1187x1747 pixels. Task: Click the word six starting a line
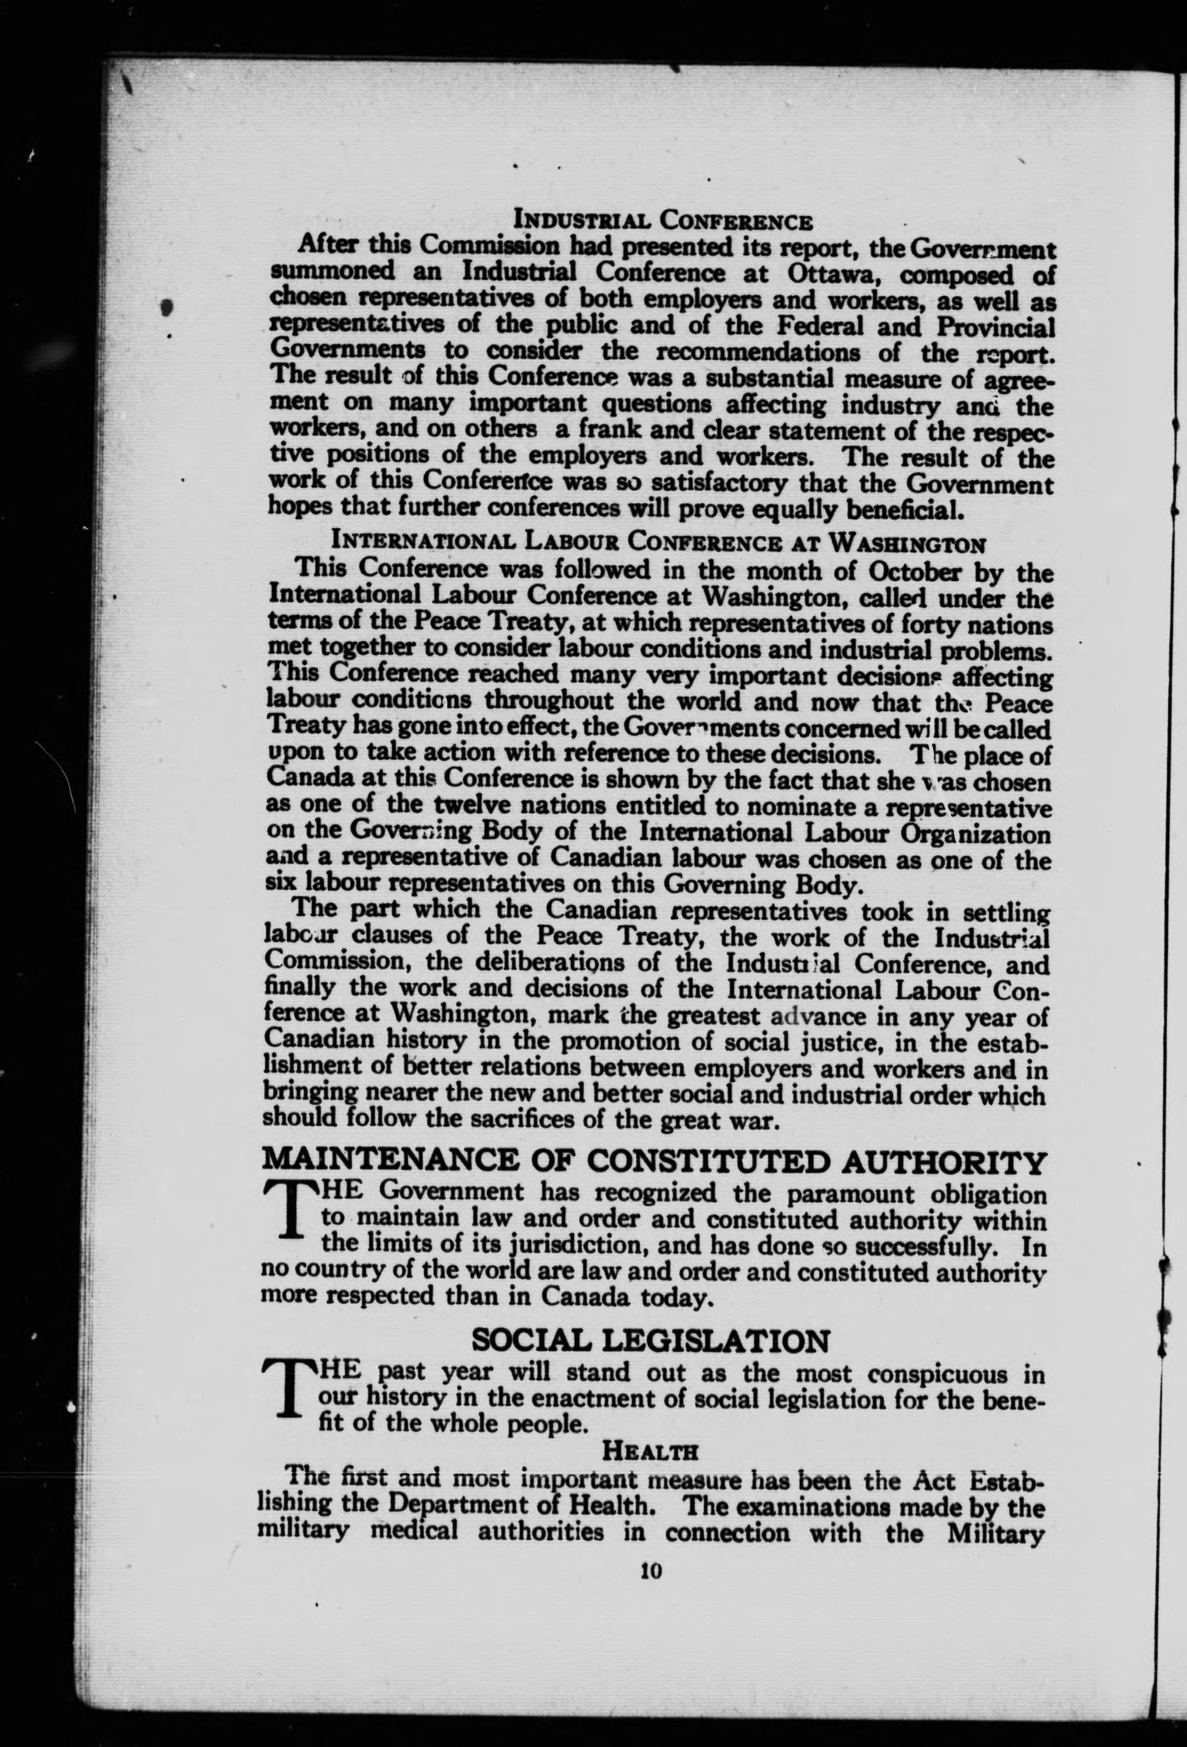click(x=281, y=884)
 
